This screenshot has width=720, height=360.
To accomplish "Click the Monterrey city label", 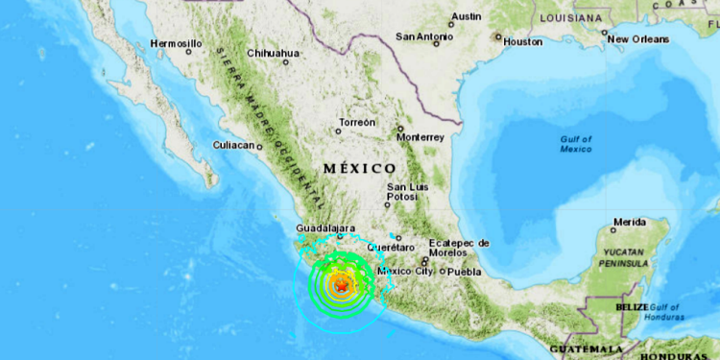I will (x=420, y=137).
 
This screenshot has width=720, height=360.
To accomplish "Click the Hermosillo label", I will (x=177, y=43).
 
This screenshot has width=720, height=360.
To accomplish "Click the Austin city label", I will (x=467, y=16).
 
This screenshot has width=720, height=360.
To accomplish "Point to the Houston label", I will (x=522, y=42).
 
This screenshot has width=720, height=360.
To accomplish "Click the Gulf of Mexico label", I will (x=576, y=144).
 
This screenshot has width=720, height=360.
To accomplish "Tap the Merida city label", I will (x=629, y=222).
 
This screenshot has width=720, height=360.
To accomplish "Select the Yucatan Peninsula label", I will (x=626, y=255).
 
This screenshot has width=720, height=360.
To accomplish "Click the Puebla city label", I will (x=465, y=271).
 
